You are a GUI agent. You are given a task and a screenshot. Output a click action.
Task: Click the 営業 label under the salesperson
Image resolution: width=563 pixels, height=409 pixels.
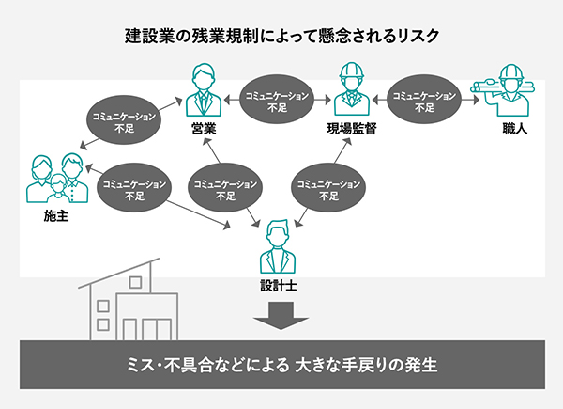(x=204, y=129)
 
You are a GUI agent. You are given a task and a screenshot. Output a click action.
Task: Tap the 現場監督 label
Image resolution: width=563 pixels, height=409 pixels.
(x=352, y=129)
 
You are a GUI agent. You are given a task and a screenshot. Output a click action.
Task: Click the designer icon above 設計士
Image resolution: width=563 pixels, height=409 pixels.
(x=279, y=245)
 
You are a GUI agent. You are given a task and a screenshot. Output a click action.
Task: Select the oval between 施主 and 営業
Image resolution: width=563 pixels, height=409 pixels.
(x=120, y=121)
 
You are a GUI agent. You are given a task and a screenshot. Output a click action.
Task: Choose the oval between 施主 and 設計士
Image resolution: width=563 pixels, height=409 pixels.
(x=132, y=185)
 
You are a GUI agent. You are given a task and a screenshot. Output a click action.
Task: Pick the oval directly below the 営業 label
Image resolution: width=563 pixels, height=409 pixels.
(x=224, y=186)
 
